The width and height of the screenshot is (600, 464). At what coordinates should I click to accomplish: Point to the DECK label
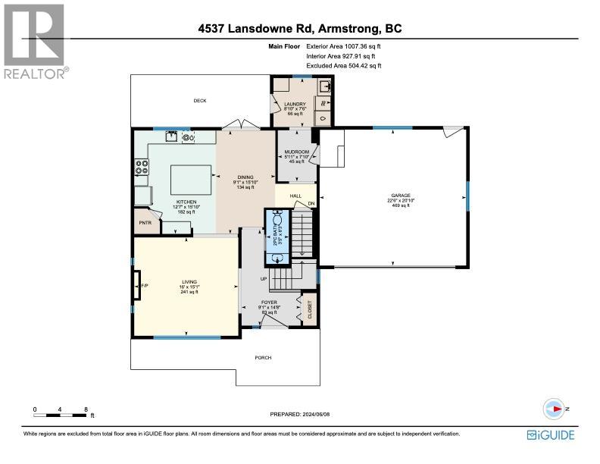point(199,101)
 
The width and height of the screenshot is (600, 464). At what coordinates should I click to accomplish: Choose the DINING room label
point(245,178)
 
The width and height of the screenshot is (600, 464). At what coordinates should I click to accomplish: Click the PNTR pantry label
point(145,224)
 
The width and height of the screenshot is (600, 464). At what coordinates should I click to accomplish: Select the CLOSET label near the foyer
point(310,310)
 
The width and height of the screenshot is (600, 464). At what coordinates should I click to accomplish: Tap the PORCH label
point(263,358)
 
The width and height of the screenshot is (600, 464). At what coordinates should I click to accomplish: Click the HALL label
point(295,196)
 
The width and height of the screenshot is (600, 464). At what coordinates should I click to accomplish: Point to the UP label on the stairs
point(264,278)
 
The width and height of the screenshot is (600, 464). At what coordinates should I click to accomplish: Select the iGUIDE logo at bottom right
point(551,434)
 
